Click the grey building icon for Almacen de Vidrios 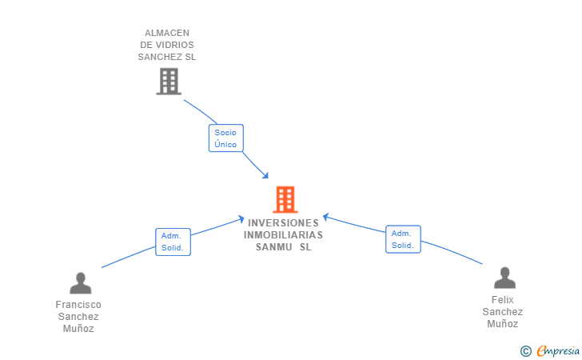168,81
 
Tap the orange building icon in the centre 285,199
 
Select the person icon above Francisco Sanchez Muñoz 80,283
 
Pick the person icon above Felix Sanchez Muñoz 504,278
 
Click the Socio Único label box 225,138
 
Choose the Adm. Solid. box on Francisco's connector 172,242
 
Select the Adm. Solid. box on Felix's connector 402,239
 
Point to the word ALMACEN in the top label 166,33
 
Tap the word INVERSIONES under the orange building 283,223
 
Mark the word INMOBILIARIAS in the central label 283,235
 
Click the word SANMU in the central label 273,247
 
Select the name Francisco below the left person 78,305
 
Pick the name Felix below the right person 503,300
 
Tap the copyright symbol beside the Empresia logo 525,350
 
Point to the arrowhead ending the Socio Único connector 266,176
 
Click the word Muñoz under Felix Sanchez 503,324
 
